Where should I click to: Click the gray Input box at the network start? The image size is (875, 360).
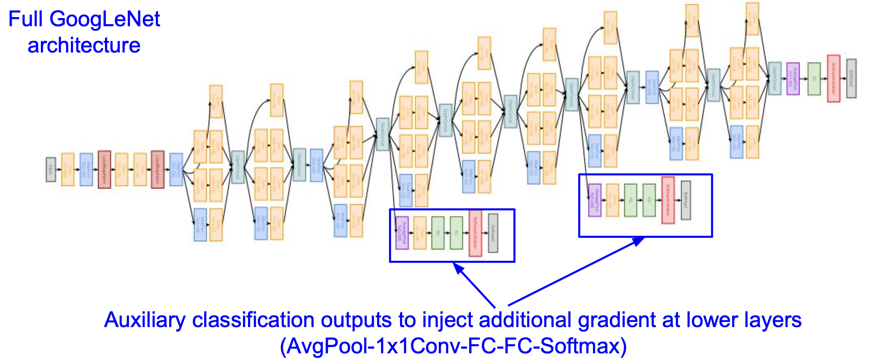[51, 170]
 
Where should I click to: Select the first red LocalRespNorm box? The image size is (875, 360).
[104, 170]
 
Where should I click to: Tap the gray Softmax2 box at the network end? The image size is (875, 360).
[851, 78]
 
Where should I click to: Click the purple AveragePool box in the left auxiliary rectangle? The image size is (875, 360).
[402, 233]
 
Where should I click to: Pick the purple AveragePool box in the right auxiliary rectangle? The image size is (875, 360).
[595, 200]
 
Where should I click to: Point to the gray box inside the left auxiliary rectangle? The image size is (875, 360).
[493, 233]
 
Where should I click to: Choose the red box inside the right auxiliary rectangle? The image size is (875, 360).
[668, 200]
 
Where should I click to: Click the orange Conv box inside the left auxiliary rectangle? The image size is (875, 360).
[420, 233]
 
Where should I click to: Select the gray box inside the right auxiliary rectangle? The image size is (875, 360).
[686, 200]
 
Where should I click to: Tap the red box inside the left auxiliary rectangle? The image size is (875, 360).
[475, 233]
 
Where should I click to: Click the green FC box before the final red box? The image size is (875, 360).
[814, 79]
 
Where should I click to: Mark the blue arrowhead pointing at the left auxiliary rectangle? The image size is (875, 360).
[458, 268]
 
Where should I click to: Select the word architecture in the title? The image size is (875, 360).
[84, 45]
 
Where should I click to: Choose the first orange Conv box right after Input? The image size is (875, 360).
[68, 170]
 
